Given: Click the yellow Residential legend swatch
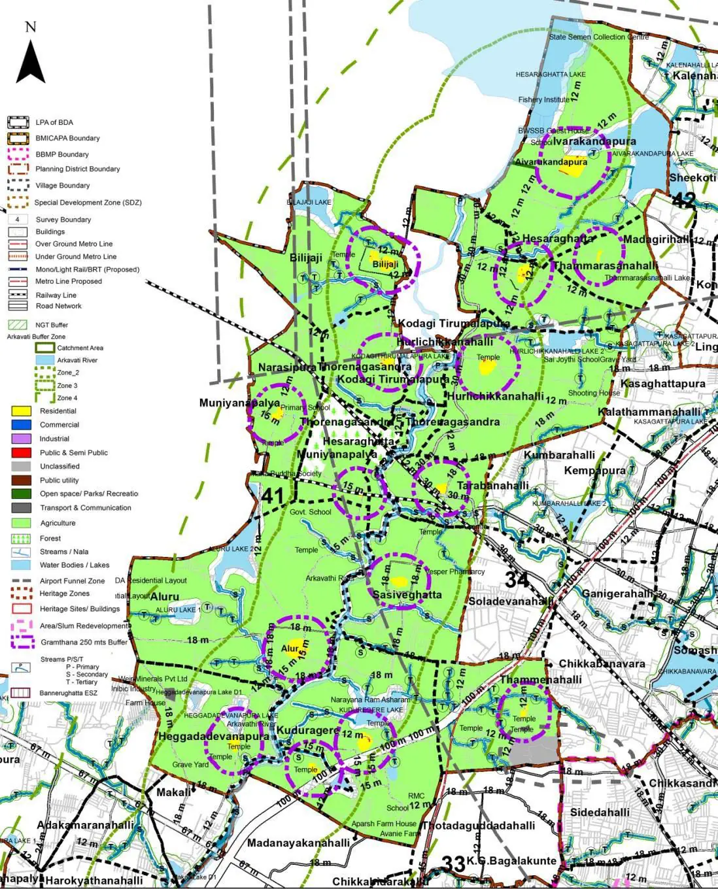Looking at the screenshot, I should coord(22,411).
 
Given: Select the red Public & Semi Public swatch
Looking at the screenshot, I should coord(22,452).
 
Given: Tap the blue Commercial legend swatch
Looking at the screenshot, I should coord(22,425).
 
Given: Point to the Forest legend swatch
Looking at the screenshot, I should coord(22,539).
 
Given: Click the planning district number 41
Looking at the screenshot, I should coord(273,496).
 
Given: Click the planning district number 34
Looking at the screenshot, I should coord(517,579).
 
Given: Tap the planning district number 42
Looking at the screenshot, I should coord(683,199).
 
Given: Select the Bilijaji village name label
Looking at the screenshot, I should coord(306,258).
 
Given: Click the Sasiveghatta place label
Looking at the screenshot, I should coord(407,595).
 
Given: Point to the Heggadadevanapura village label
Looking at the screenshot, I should coord(214,736).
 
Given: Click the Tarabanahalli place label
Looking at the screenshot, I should coord(492,486).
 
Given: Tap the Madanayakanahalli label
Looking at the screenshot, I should coord(298,843).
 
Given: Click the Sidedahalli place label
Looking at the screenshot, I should coord(600,813).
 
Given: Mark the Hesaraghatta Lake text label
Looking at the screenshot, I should coord(550,75).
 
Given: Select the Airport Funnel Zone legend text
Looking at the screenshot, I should coord(72,580).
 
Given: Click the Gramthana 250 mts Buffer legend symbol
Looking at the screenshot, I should coord(22,642).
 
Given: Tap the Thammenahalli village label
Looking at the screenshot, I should coord(541,679).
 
